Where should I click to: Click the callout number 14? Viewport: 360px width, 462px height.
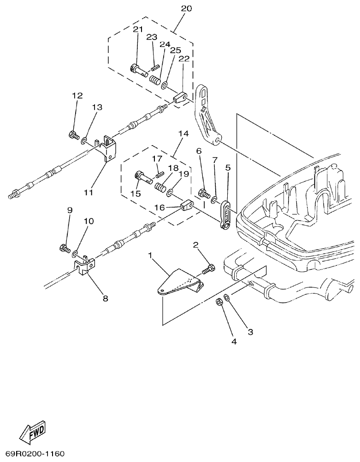(x=183, y=134)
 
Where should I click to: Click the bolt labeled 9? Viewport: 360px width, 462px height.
(x=65, y=249)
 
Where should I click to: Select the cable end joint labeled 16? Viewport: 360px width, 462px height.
(x=187, y=205)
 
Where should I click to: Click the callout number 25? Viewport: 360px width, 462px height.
(x=175, y=50)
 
